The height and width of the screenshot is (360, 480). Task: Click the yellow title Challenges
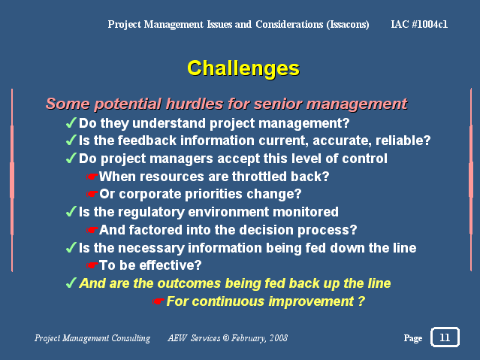[243, 68]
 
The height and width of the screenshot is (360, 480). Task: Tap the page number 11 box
[445, 337]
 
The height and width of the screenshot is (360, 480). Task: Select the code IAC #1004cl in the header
[419, 24]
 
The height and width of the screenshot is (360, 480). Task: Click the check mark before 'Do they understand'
[71, 123]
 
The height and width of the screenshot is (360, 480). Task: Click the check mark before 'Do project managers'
[71, 159]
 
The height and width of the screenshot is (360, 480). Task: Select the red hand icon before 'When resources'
[92, 177]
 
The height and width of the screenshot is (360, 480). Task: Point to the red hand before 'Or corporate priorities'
[92, 194]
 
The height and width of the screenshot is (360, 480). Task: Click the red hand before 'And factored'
[92, 230]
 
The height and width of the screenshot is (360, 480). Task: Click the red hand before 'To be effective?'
[92, 265]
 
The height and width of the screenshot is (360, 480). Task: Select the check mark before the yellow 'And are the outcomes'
[71, 283]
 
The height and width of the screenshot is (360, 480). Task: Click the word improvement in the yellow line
[311, 301]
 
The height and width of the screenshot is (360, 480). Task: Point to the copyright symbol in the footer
[225, 338]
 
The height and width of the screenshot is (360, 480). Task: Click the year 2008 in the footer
[279, 338]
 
